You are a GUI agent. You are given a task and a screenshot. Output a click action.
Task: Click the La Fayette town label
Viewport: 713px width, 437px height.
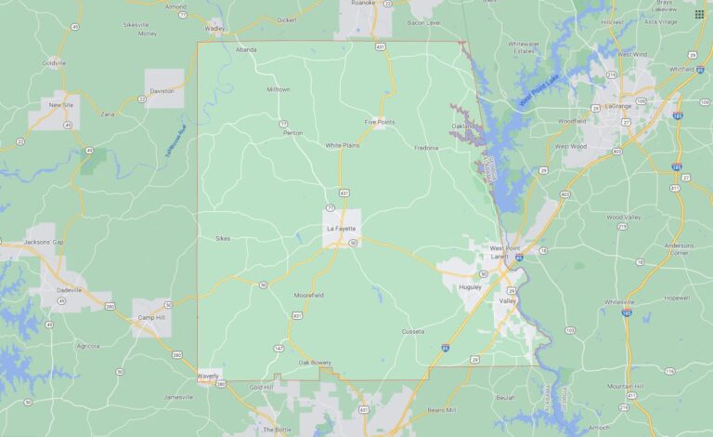[x=341, y=229]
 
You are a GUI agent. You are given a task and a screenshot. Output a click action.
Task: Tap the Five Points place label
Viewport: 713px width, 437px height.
[x=380, y=122]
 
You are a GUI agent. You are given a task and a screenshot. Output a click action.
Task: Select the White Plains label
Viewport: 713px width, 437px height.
[x=342, y=145]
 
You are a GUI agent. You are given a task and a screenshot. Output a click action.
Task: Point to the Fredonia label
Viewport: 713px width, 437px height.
[x=426, y=147]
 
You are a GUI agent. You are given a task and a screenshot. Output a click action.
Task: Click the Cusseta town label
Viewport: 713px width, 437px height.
[x=412, y=331]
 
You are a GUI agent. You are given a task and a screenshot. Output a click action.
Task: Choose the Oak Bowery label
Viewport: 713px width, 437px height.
[x=315, y=362]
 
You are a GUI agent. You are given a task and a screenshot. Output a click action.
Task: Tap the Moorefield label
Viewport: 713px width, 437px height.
[x=309, y=295]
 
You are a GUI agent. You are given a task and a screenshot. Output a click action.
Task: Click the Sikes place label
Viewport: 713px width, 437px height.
[x=223, y=238]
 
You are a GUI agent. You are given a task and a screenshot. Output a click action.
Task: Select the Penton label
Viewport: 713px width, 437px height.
[x=293, y=133]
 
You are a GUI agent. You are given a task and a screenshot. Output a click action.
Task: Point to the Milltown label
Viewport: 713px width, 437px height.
[x=279, y=89]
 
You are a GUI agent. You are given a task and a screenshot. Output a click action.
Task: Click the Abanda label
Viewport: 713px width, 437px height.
[x=246, y=49]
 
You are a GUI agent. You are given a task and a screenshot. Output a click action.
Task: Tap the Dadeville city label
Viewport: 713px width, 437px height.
[x=69, y=289]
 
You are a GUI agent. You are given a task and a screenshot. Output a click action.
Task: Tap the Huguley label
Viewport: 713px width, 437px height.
[x=471, y=287]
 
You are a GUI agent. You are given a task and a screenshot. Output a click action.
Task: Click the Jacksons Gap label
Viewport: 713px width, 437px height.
[x=43, y=242]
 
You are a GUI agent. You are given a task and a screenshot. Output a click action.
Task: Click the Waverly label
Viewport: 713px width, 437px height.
[x=208, y=375]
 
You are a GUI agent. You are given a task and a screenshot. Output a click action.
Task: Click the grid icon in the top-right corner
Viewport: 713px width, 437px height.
[x=699, y=14]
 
